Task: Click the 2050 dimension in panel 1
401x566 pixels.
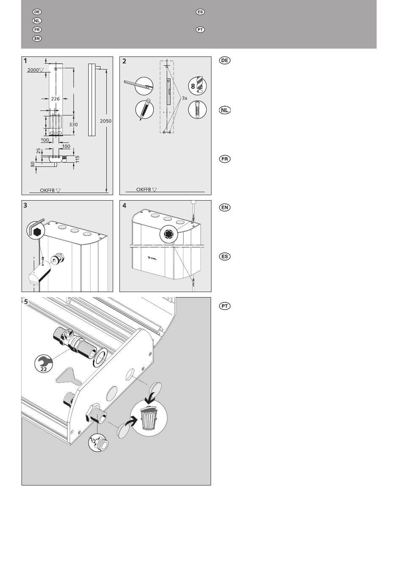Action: (x=106, y=121)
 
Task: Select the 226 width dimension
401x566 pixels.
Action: (x=56, y=99)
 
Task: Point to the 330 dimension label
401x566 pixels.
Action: (x=73, y=125)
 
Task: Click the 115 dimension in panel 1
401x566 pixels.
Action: (x=78, y=159)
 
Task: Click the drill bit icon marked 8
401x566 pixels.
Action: (x=197, y=86)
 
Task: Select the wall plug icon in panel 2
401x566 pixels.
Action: (x=197, y=110)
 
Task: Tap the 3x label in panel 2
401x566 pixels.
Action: (x=184, y=98)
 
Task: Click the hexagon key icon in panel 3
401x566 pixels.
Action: (x=36, y=231)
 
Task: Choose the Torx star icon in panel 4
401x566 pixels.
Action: (x=169, y=235)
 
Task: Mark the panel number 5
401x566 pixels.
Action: (x=26, y=302)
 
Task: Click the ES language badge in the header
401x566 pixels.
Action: (x=200, y=12)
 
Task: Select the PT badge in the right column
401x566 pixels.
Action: (x=225, y=306)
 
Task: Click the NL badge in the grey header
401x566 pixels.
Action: (x=37, y=21)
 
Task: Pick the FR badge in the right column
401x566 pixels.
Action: (x=225, y=159)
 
